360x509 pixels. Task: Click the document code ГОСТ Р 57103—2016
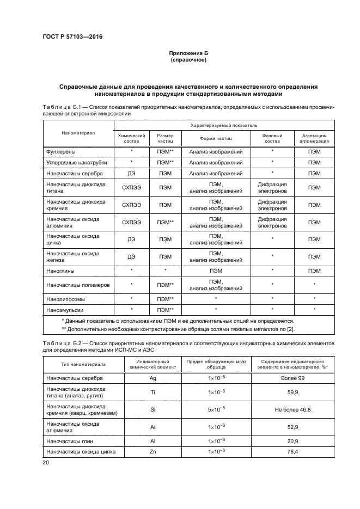coord(72,36)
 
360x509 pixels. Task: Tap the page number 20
coord(45,462)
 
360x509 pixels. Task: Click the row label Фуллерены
coord(61,151)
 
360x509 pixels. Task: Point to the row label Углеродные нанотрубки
coord(77,162)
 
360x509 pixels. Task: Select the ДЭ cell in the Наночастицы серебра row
coord(131,174)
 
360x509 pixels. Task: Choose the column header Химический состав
coord(131,137)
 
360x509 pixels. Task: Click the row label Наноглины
coord(61,271)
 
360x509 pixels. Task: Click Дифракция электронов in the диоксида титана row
coord(272,188)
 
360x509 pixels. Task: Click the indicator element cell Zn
coord(152,451)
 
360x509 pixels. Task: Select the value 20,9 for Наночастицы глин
coord(297,440)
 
